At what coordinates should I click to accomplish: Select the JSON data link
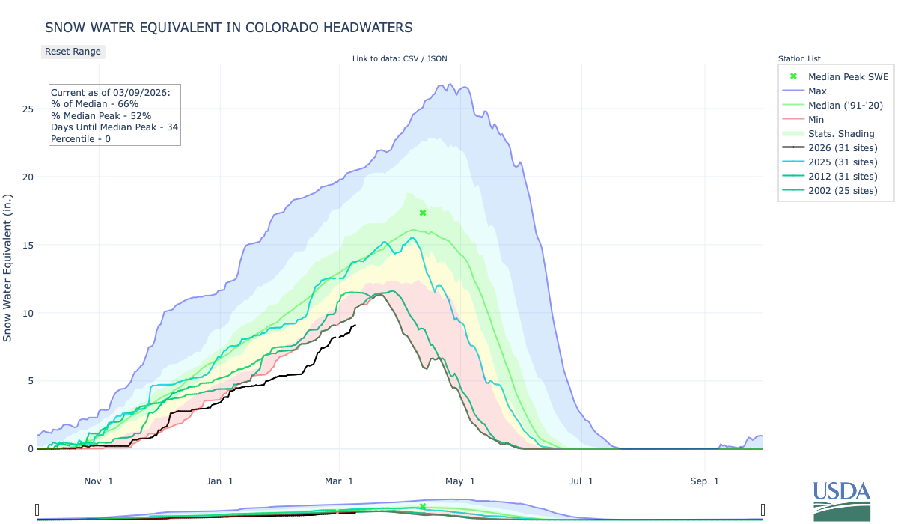[x=436, y=58]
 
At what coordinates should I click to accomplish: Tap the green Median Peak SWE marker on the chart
[x=423, y=213]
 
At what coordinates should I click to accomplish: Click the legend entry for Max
[x=817, y=91]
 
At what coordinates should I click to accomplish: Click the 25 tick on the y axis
[x=27, y=109]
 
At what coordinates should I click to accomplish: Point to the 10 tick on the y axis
[x=27, y=313]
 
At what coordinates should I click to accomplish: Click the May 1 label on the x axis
[x=462, y=481]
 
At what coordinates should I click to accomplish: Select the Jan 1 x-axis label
[x=220, y=481]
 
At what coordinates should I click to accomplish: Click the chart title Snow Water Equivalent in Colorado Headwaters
[x=228, y=28]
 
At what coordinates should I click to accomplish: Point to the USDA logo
[x=842, y=500]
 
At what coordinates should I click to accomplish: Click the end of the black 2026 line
[x=355, y=325]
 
